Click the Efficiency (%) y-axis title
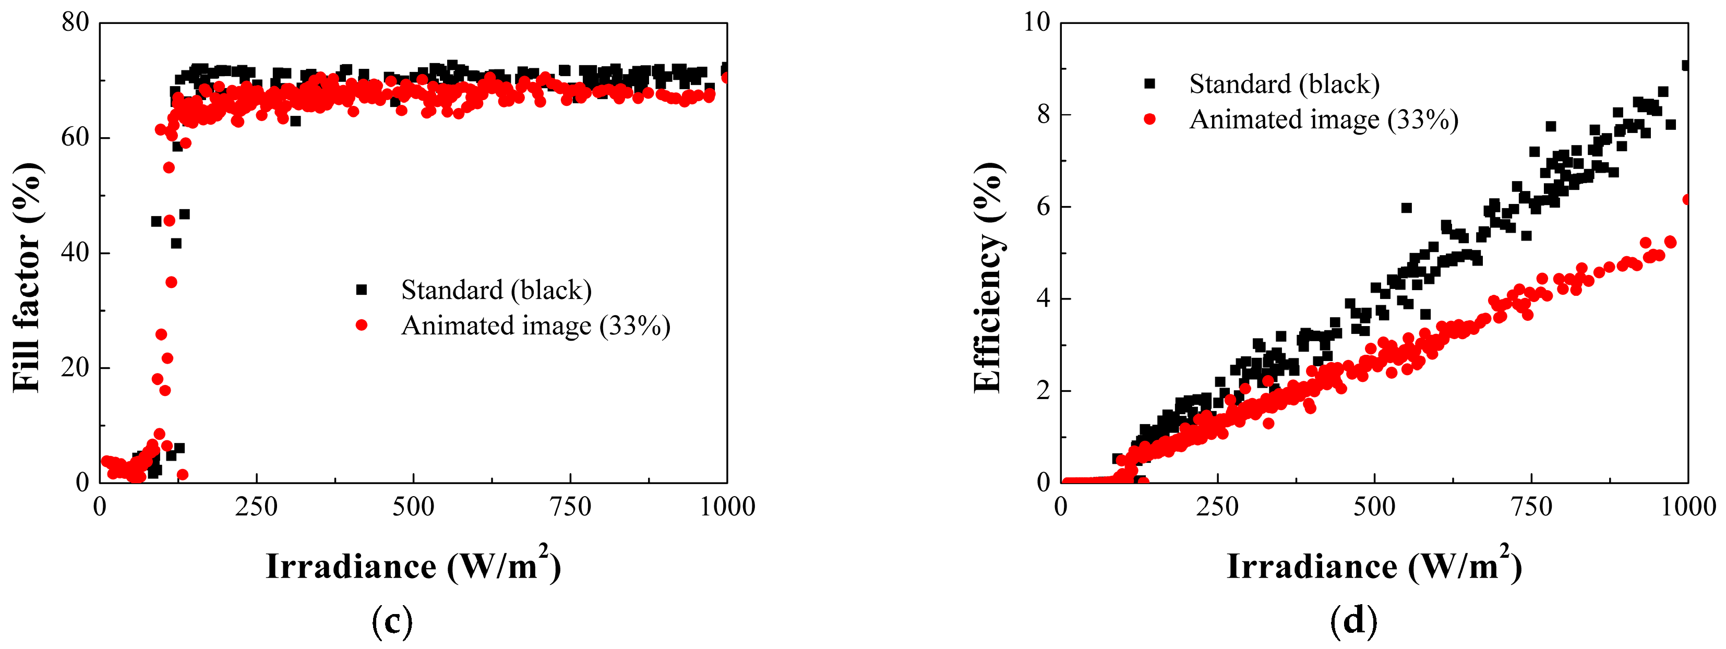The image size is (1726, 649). [988, 277]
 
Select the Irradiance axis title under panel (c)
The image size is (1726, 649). [413, 566]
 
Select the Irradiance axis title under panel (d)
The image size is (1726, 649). [1374, 566]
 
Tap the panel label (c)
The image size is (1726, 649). [392, 621]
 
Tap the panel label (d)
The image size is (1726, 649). [1353, 621]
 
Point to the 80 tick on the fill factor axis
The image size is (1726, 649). [75, 23]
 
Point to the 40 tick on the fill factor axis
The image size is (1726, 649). [75, 253]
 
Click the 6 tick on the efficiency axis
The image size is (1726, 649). [1043, 206]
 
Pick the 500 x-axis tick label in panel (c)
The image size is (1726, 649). [413, 507]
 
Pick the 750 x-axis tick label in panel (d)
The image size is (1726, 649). [1532, 507]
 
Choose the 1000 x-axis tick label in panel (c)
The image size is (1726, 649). [727, 507]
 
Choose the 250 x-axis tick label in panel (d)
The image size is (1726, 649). [1217, 507]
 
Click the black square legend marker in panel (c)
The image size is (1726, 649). [362, 290]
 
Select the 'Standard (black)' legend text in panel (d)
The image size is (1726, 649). [1284, 85]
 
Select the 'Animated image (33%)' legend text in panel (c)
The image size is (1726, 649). [535, 326]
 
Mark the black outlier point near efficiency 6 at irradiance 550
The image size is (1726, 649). [1406, 208]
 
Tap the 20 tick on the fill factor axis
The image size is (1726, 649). [75, 368]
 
